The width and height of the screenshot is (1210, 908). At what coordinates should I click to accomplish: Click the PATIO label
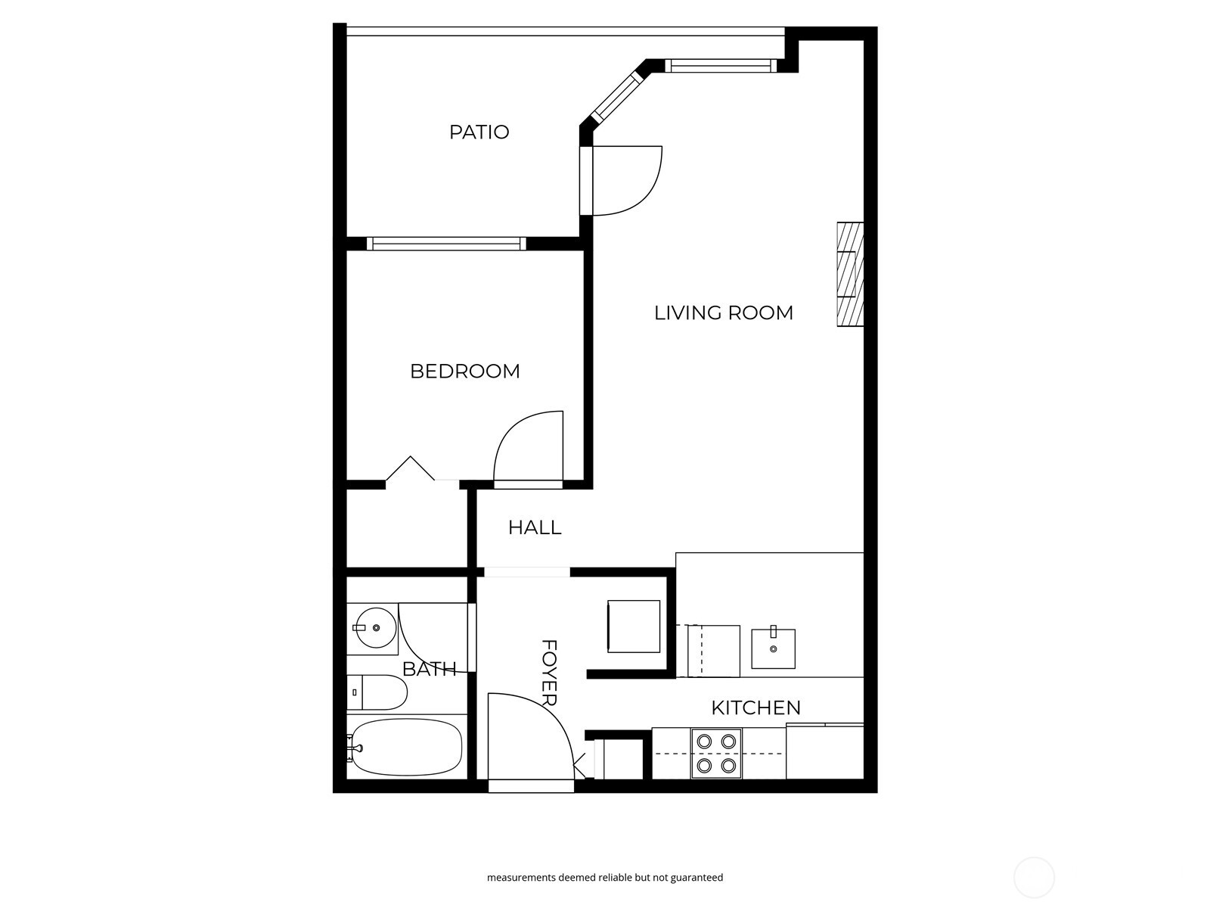coord(479,132)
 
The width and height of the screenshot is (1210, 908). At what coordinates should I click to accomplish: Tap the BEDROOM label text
coord(464,372)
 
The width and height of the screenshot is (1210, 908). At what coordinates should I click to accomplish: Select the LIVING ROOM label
coord(723,313)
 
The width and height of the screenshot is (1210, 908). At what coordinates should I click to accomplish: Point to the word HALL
coord(535,527)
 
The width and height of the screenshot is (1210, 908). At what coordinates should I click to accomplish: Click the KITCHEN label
coord(755,707)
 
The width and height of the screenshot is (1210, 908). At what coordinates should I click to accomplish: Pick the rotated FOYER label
coord(550,673)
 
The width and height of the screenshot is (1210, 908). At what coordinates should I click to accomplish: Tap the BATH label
coord(429,669)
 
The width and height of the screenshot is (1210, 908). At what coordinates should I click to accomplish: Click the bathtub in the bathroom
coord(406,747)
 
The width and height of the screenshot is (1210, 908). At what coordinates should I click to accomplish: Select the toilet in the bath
coord(378,692)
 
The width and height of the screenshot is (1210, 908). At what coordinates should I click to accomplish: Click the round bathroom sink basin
coord(376,628)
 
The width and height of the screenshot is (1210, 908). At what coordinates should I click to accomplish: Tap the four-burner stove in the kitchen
coord(716,754)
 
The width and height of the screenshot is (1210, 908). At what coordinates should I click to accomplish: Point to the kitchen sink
coord(773,648)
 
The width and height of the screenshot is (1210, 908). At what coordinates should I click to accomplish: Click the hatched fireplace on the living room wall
coord(850,274)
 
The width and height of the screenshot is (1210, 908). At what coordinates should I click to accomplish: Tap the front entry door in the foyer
coord(529,738)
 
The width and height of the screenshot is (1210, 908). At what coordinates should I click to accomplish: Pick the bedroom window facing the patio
coord(446,244)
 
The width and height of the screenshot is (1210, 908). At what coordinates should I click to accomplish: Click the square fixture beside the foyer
coord(634,627)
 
